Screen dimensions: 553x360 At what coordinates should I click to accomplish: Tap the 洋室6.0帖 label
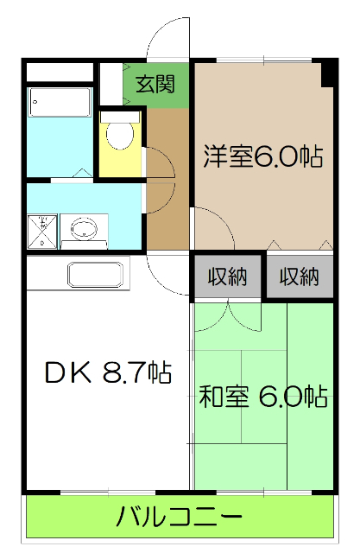coord(262,156)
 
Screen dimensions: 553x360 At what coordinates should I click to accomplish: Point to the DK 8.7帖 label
coord(107,373)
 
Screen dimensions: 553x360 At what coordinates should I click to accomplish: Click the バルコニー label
coord(179,518)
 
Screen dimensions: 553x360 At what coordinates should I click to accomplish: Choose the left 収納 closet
coord(227,276)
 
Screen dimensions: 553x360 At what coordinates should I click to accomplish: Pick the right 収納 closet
coord(299,276)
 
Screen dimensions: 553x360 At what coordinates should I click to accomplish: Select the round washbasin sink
coord(85,230)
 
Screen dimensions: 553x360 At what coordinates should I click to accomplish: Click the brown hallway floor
coord(167,190)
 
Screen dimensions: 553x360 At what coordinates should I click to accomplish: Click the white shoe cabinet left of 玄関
coord(110,83)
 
